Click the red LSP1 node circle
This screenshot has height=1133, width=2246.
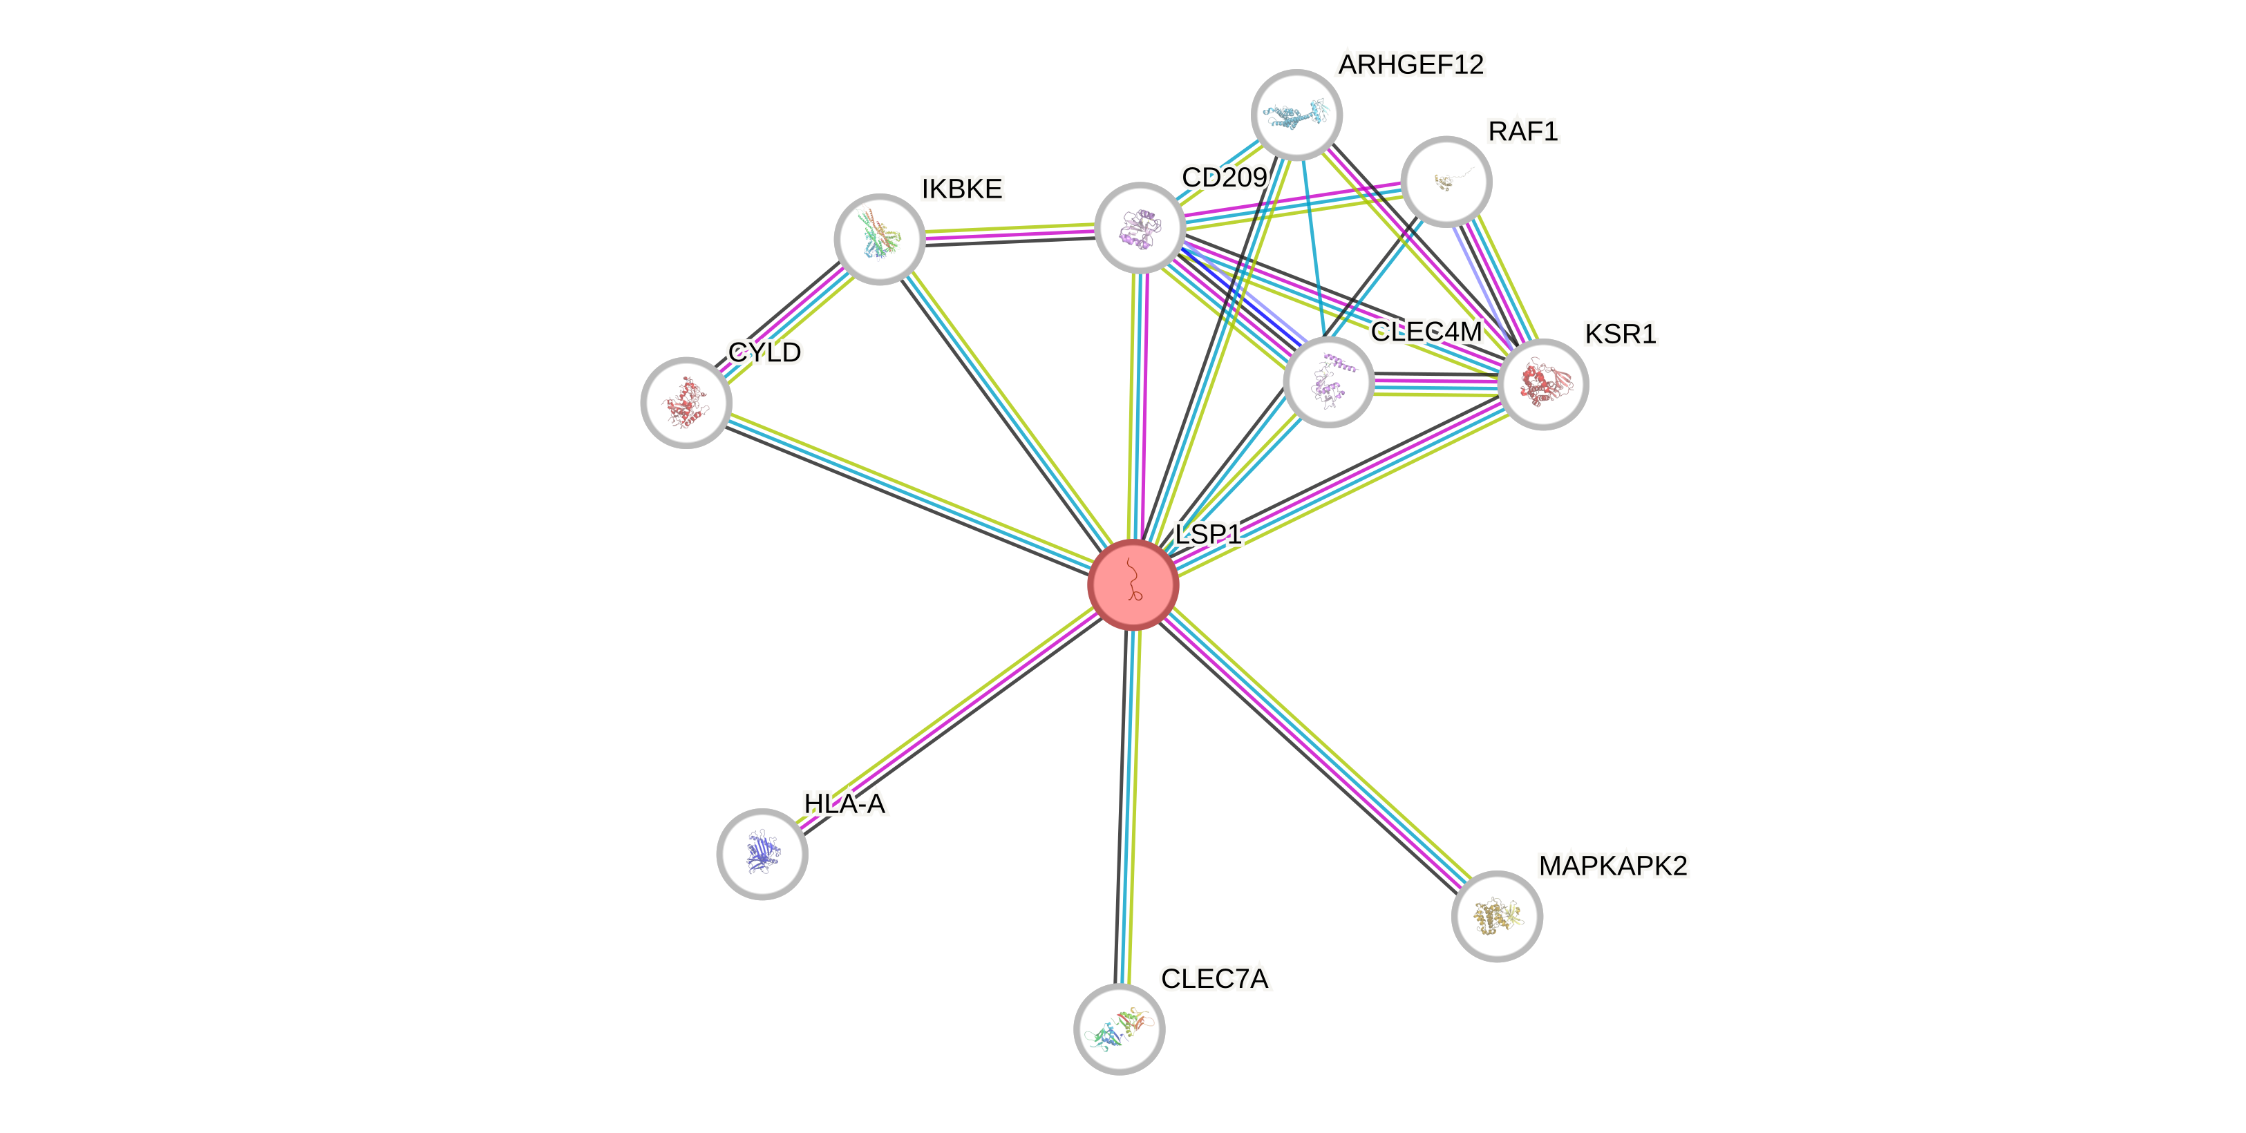[1133, 584]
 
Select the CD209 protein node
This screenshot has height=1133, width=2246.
[1139, 227]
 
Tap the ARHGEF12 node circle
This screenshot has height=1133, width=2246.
[1296, 114]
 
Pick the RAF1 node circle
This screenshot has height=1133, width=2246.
[1446, 181]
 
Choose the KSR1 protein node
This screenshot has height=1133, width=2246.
[1543, 384]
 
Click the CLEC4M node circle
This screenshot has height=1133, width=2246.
[1328, 383]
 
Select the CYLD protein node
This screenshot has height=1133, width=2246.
[686, 402]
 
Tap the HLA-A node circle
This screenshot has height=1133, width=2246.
[761, 853]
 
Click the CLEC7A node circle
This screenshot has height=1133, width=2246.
[1119, 1029]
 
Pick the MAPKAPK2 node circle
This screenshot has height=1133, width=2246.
[1496, 916]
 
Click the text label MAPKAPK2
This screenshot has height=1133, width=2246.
[1612, 866]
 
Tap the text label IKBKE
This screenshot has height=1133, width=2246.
[962, 188]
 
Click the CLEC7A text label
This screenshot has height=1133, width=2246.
[1214, 979]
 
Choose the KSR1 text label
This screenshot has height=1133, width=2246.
[1620, 334]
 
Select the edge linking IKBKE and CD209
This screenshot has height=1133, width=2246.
[1009, 233]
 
